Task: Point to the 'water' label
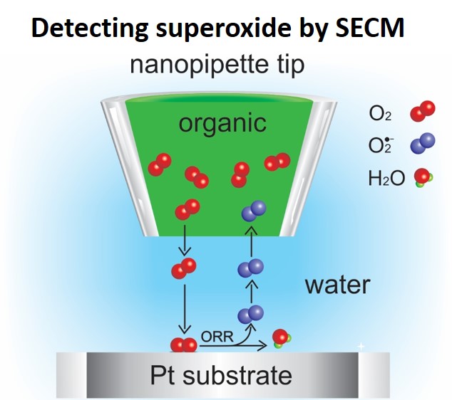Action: [x=337, y=285]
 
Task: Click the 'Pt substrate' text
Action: [x=222, y=374]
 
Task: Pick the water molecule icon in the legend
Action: [x=423, y=178]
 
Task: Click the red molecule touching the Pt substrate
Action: [x=183, y=344]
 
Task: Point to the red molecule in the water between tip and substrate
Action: [x=183, y=269]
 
